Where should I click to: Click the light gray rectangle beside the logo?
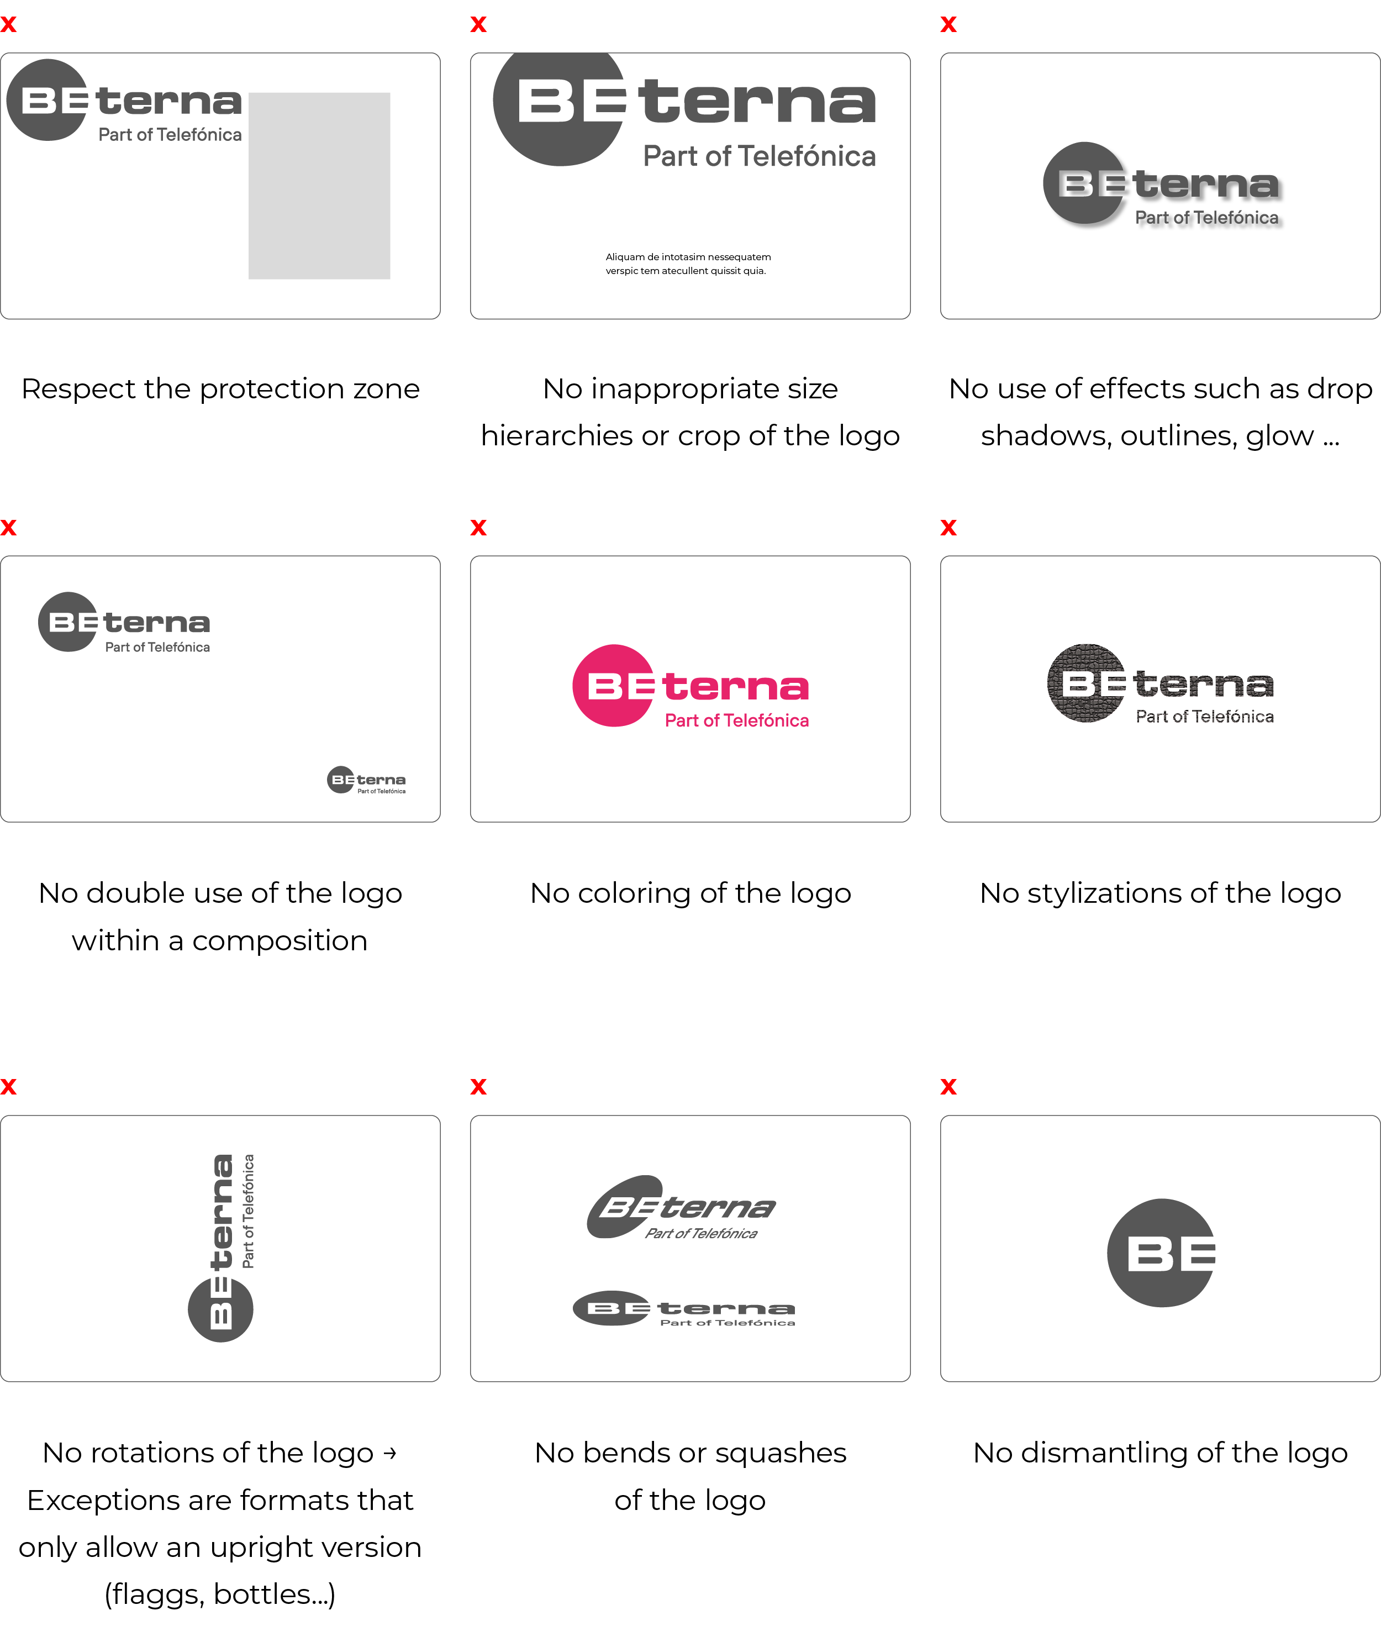click(x=319, y=186)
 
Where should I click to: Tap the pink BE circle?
click(x=613, y=686)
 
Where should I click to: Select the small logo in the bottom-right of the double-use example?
click(x=366, y=780)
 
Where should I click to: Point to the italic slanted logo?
click(x=681, y=1208)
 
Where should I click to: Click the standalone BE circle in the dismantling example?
click(x=1162, y=1253)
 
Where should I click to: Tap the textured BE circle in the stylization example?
click(x=1087, y=683)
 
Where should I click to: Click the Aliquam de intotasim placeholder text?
click(x=688, y=264)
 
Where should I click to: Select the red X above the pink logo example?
click(x=478, y=528)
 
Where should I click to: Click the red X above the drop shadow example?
click(x=948, y=24)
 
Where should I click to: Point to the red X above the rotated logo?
click(x=9, y=1087)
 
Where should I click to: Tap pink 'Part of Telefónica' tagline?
click(x=737, y=720)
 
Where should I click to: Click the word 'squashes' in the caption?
click(x=781, y=1454)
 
